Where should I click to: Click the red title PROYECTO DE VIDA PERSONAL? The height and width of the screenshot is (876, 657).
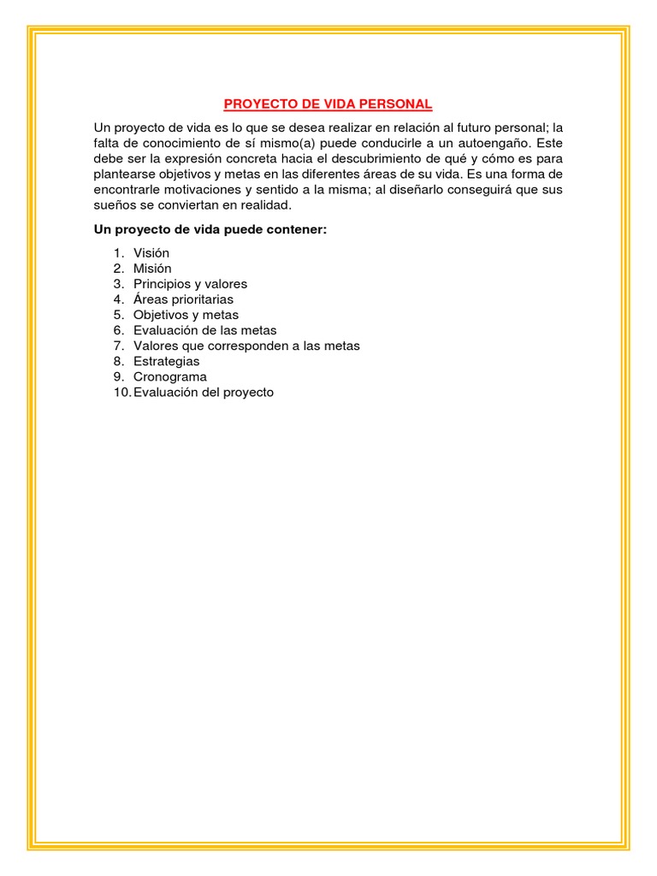coord(328,104)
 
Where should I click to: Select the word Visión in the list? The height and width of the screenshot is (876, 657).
coord(151,253)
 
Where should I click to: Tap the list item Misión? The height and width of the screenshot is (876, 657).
coord(152,269)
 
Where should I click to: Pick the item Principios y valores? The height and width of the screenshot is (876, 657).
coord(190,284)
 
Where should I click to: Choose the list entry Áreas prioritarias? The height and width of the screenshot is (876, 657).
coord(183,299)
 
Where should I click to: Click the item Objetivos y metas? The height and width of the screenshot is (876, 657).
coord(186,315)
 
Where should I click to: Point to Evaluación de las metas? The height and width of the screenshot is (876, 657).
coord(204,330)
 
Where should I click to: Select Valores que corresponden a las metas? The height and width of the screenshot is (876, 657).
coord(246,346)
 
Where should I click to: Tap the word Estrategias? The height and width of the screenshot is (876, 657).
coord(166,361)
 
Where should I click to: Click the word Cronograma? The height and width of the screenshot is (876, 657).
coord(169,376)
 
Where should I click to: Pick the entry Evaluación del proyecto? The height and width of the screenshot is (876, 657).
coord(204,392)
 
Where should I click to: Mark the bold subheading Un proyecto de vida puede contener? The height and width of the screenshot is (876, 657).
coord(210,231)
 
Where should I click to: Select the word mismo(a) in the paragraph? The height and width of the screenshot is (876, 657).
coord(281,144)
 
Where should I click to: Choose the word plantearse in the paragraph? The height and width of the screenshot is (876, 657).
coord(127,175)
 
